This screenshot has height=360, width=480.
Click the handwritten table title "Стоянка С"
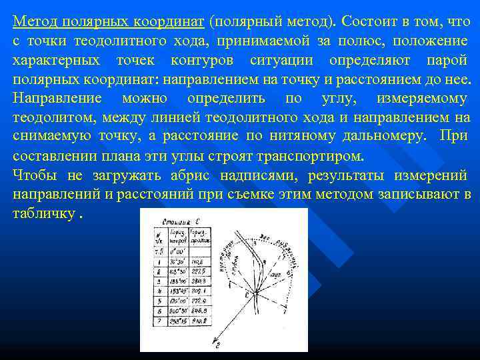(x=177, y=219)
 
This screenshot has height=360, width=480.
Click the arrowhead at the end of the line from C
(x=216, y=345)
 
